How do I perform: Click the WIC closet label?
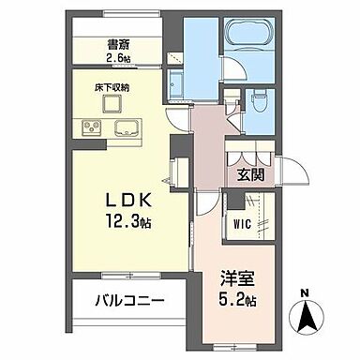coord(242,225)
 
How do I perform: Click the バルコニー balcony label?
coord(129,302)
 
